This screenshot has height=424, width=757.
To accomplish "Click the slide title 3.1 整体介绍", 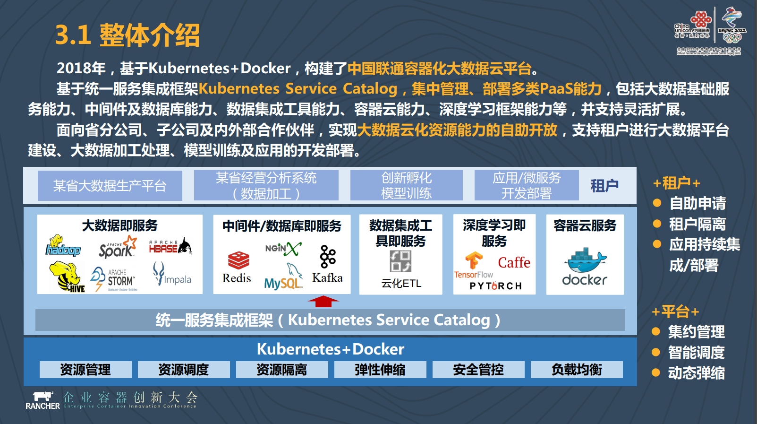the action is [x=128, y=35].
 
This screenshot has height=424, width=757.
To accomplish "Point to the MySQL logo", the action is [x=284, y=277].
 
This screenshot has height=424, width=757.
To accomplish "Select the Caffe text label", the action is [x=514, y=262].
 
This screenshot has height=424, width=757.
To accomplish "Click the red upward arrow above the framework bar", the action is [x=323, y=301].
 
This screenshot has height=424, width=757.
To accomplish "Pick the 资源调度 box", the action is [x=184, y=370].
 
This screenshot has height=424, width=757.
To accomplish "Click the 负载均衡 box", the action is [x=577, y=370].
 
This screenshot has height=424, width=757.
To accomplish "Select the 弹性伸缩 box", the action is [x=380, y=370].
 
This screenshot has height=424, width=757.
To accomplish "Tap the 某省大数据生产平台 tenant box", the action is [x=110, y=186].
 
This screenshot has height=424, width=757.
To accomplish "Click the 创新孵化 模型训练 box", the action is [x=406, y=185].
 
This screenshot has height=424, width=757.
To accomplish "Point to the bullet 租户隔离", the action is [x=697, y=224].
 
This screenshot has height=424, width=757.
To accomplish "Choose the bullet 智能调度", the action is [x=696, y=352].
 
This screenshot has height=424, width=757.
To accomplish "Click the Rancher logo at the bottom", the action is [x=43, y=400].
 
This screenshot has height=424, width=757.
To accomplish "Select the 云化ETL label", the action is [x=401, y=283].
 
